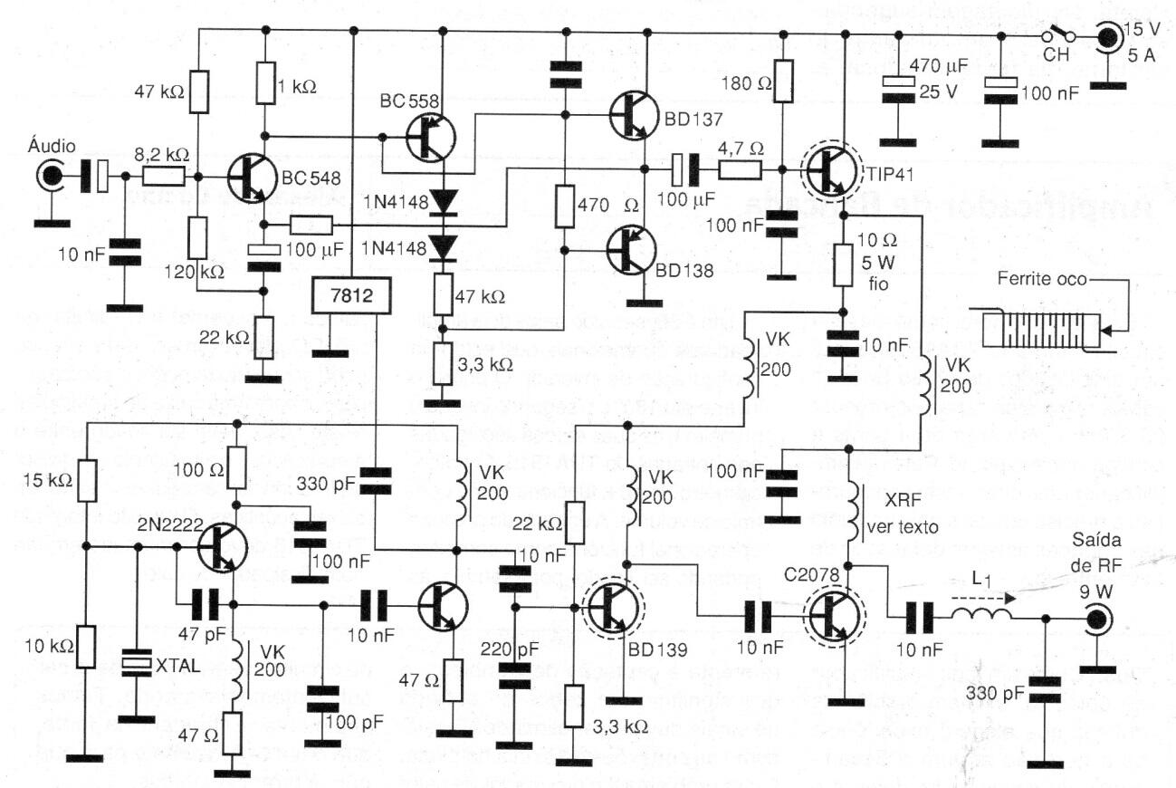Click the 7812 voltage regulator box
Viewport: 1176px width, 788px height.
point(350,297)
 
